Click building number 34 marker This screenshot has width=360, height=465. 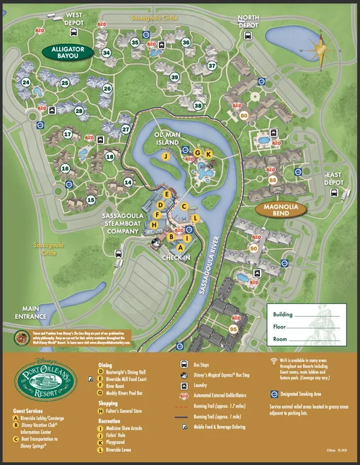(107, 53)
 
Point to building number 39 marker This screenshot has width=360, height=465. (174, 77)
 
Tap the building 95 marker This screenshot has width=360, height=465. (233, 329)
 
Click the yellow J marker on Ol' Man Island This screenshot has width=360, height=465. (166, 155)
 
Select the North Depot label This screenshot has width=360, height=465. (248, 21)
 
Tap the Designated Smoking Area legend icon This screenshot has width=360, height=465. (274, 394)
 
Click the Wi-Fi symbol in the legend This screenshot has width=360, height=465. (274, 361)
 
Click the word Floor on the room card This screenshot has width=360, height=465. (283, 327)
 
